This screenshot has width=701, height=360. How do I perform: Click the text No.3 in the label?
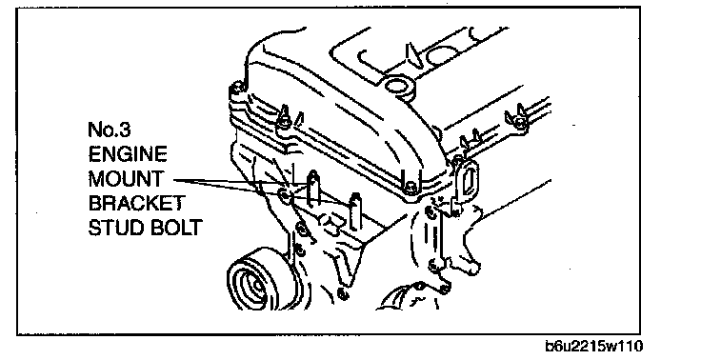(x=110, y=130)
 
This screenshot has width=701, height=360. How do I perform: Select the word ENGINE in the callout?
(x=128, y=154)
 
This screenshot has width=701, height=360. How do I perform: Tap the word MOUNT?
(x=126, y=179)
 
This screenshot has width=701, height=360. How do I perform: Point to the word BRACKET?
(x=136, y=203)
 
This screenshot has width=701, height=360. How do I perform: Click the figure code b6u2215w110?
(x=594, y=346)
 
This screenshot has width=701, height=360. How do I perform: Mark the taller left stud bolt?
(x=313, y=188)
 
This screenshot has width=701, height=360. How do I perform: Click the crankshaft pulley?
(x=255, y=284)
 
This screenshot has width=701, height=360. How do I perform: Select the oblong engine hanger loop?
(x=468, y=182)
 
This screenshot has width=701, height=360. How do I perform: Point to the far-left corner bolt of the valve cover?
(x=237, y=89)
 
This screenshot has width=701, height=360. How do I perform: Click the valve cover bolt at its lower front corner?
(x=411, y=189)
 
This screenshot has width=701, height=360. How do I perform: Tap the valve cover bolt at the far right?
(x=518, y=120)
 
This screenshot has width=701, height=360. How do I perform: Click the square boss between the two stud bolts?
(x=331, y=224)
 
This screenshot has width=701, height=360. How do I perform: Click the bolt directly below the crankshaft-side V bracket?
(x=343, y=294)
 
